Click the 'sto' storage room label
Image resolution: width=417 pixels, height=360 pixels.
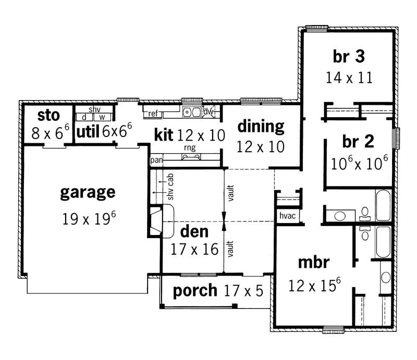[48, 115]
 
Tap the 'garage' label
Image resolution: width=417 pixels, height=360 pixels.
[87, 193]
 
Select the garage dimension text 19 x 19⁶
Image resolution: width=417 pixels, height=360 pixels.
[89, 218]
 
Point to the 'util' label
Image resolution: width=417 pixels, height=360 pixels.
[88, 132]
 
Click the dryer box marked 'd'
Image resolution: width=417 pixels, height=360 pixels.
[84, 117]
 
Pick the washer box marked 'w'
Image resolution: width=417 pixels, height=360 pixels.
[102, 117]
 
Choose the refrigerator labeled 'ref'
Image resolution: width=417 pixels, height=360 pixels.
[153, 113]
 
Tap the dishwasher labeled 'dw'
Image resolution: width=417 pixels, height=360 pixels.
[207, 111]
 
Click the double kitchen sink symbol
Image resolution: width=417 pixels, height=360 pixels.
[191, 111]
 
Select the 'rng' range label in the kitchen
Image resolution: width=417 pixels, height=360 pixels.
[189, 148]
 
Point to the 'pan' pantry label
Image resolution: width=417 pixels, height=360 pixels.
[156, 160]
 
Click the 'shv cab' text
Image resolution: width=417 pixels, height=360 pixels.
[170, 187]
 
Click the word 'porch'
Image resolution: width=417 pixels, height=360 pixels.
[194, 290]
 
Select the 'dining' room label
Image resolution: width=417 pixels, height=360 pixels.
[261, 126]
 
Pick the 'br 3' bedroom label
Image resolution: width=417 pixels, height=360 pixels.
[347, 56]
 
